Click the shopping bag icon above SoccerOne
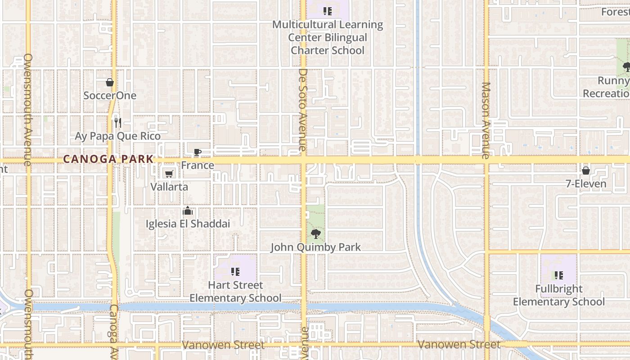click(109, 82)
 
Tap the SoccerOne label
click(110, 95)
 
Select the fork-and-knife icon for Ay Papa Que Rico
click(117, 122)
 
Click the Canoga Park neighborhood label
click(108, 159)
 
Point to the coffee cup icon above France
click(197, 153)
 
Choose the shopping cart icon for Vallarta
click(169, 174)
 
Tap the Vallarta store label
click(169, 187)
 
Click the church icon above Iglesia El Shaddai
click(188, 211)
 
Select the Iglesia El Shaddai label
click(188, 224)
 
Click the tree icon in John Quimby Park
click(316, 234)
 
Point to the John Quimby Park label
click(316, 247)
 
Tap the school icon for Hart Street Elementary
click(235, 272)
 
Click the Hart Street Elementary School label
click(235, 291)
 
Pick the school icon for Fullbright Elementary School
click(559, 275)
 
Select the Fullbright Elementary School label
click(559, 295)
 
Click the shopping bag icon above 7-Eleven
click(586, 171)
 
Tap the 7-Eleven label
click(586, 184)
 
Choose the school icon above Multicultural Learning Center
click(328, 11)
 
